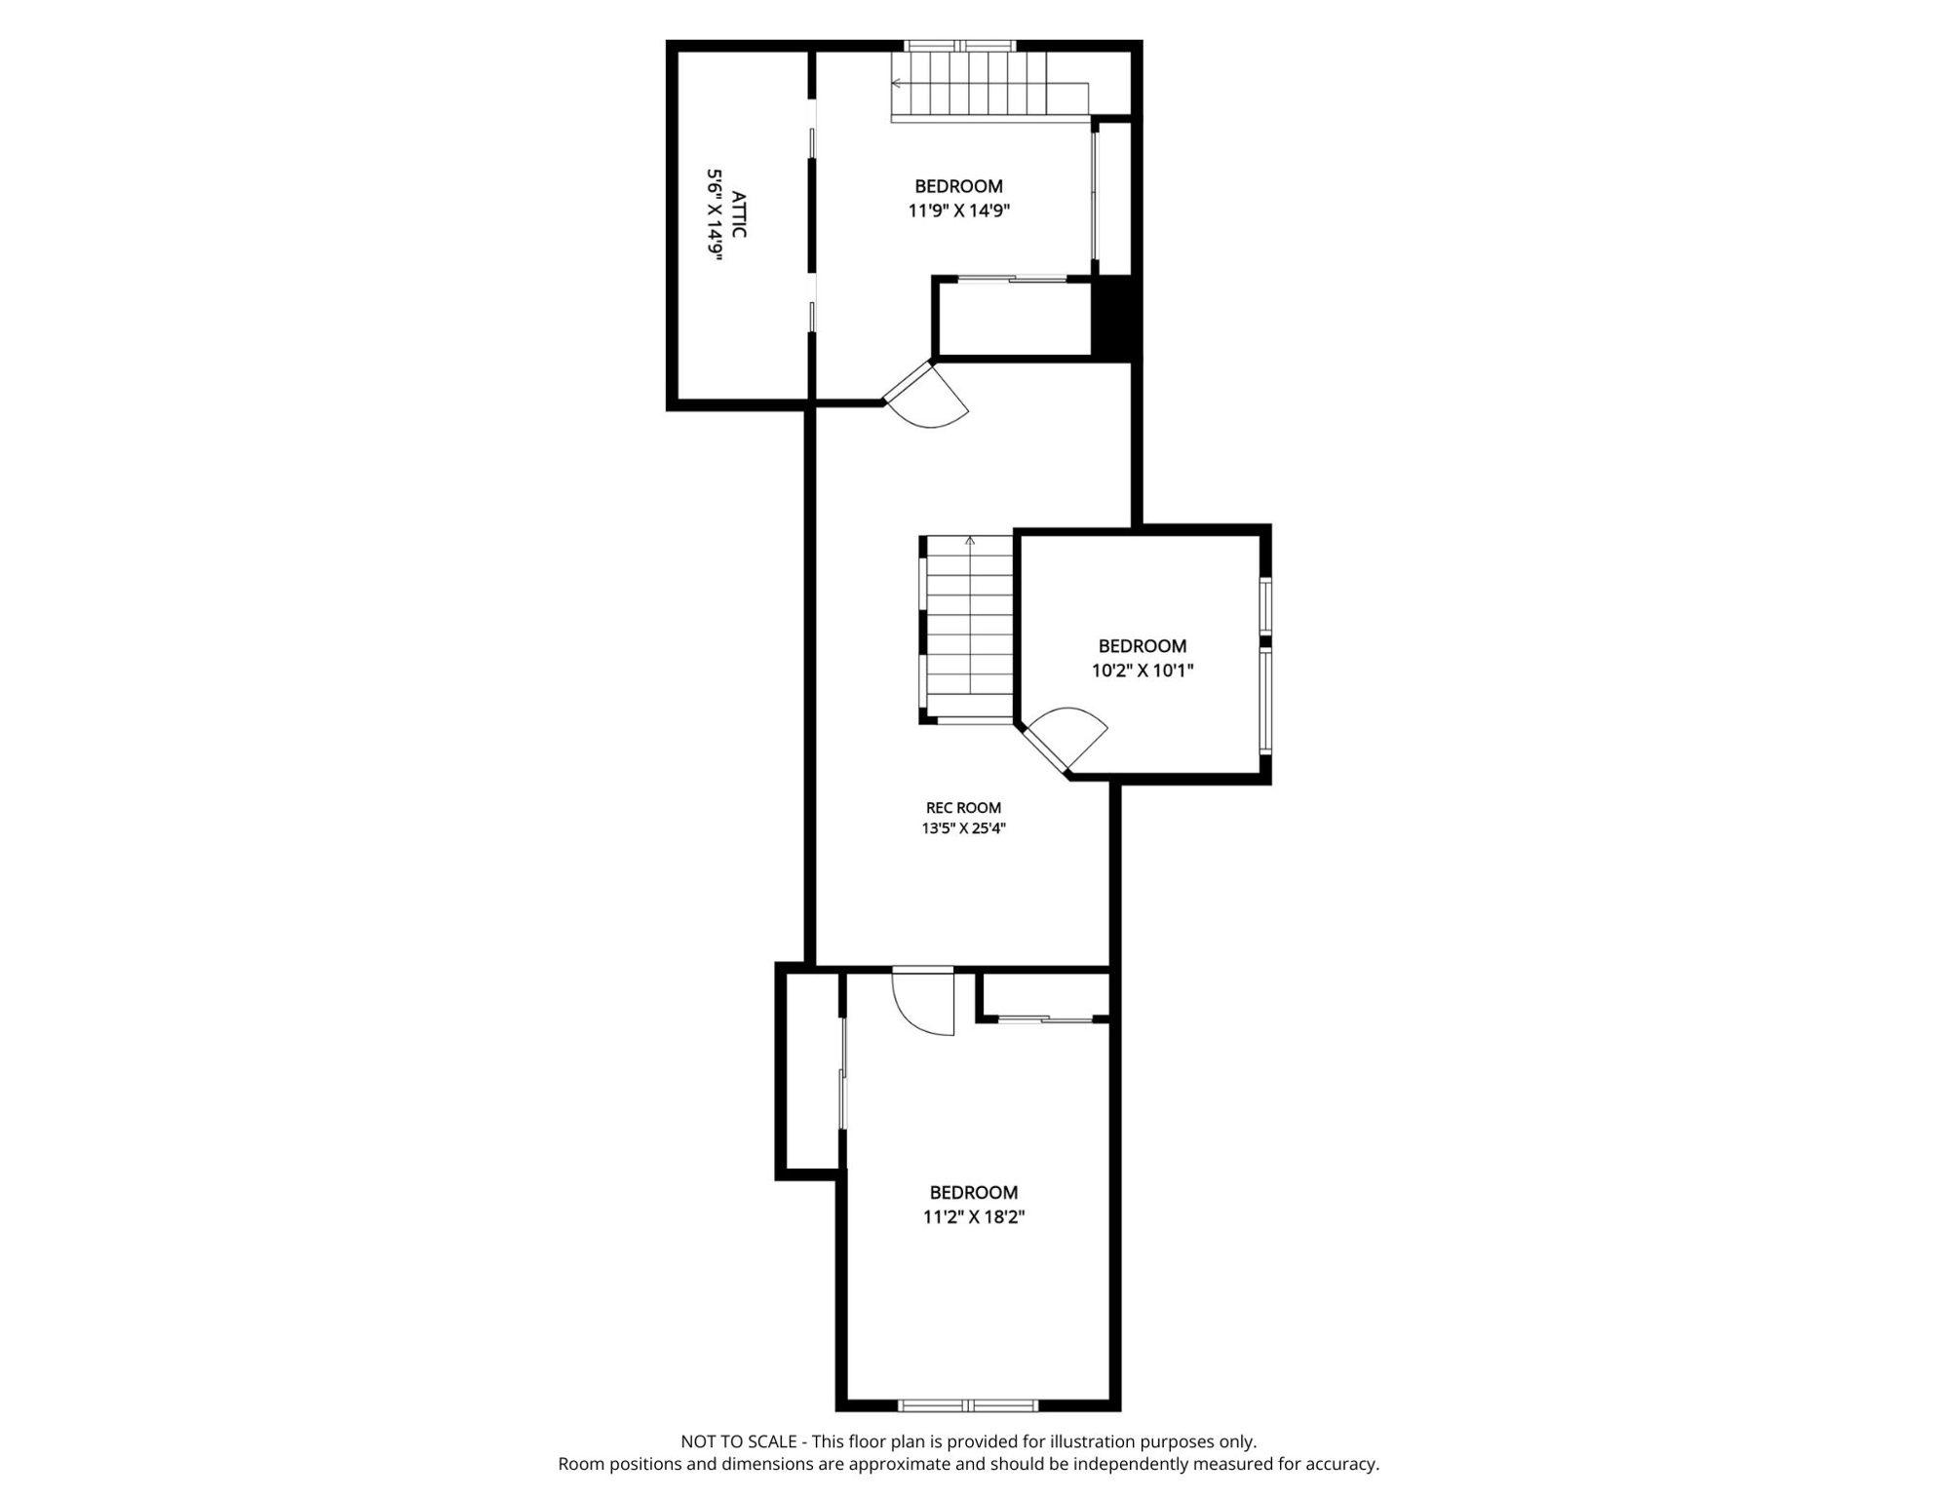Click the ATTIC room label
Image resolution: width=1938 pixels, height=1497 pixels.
(x=739, y=214)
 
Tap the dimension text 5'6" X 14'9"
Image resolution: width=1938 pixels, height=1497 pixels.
(x=716, y=214)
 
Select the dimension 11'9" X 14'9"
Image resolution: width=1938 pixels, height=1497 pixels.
(x=959, y=211)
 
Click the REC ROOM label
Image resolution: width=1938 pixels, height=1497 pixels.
(x=963, y=808)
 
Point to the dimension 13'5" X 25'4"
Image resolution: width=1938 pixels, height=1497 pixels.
(x=963, y=828)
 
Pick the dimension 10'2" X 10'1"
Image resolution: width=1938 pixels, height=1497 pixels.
(x=1143, y=671)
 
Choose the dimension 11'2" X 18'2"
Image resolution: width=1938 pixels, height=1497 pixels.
(x=974, y=1217)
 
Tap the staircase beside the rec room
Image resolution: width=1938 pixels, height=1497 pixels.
(x=969, y=630)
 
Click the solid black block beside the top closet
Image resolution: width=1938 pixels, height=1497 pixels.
(x=1115, y=317)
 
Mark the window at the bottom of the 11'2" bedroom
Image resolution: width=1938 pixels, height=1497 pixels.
(x=968, y=1405)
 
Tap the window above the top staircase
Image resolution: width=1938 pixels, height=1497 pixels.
(x=960, y=45)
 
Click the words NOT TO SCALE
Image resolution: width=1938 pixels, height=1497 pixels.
(x=739, y=1441)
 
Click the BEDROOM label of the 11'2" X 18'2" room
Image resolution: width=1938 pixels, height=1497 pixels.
(x=974, y=1193)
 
